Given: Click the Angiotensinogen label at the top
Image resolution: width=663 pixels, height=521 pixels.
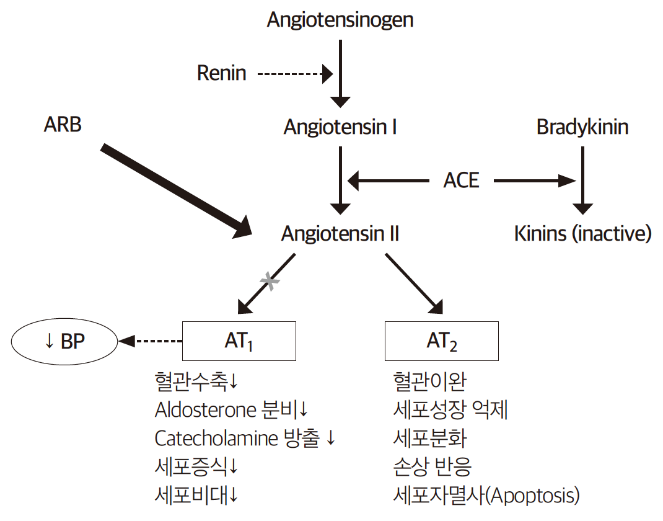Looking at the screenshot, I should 340,20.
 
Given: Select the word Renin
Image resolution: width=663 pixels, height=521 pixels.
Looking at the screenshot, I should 221,73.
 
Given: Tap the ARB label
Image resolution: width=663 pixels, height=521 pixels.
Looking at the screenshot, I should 63,125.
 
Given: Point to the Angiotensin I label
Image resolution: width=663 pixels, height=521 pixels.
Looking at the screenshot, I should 340,127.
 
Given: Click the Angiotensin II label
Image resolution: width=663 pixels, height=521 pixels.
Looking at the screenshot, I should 340,233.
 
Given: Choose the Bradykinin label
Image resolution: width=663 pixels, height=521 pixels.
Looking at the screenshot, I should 582,127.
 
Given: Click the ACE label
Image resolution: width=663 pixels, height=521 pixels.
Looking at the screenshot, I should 462,180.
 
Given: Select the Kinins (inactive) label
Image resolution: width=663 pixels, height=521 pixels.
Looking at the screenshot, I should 583,233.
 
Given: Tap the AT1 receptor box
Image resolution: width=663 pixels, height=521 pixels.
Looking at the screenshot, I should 239,341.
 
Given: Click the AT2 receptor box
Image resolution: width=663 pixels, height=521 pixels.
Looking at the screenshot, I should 441,341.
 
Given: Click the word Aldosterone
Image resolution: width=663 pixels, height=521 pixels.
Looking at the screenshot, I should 205,410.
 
